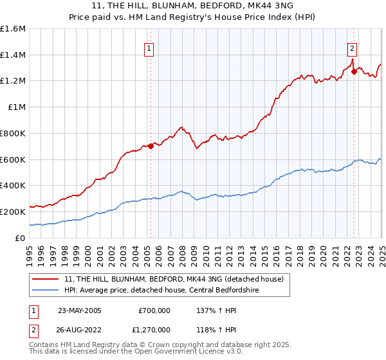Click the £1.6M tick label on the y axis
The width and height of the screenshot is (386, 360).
(13, 29)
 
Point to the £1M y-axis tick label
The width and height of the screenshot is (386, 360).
(17, 107)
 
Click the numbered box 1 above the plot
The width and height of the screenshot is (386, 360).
(149, 48)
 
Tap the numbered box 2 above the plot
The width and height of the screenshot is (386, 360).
(353, 48)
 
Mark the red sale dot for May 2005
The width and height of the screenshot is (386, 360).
(151, 146)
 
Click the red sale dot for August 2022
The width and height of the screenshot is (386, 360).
(354, 72)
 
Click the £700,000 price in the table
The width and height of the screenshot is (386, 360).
(154, 310)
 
